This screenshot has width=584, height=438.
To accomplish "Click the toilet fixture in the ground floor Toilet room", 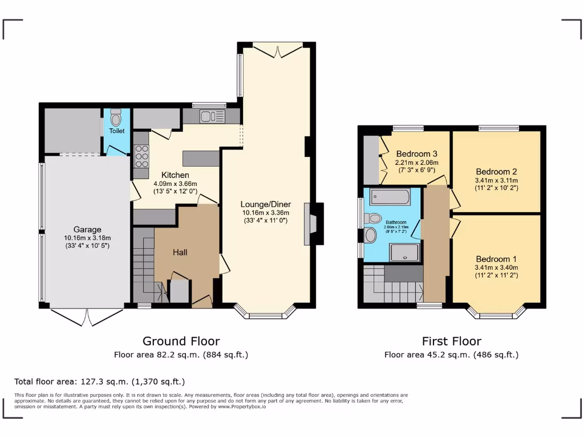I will pyautogui.click(x=116, y=119).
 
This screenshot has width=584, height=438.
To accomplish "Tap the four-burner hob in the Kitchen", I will pyautogui.click(x=141, y=156).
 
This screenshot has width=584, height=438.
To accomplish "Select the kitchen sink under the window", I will pyautogui.click(x=212, y=117).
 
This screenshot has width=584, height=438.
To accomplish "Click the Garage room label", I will pyautogui.click(x=87, y=230).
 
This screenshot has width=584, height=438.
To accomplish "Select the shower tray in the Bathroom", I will pyautogui.click(x=405, y=251).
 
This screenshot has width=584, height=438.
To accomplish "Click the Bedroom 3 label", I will pyautogui.click(x=416, y=153).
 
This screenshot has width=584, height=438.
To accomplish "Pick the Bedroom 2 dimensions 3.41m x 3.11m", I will pyautogui.click(x=496, y=180).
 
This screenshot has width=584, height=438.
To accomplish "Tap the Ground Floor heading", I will pyautogui.click(x=181, y=341).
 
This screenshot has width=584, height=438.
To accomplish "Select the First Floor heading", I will pyautogui.click(x=451, y=341).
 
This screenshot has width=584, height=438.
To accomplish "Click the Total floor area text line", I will pyautogui.click(x=99, y=382).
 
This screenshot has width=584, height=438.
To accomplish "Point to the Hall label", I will pyautogui.click(x=180, y=252).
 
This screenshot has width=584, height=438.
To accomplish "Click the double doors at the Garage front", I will pyautogui.click(x=86, y=317).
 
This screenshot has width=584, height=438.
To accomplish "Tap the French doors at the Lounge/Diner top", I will pyautogui.click(x=277, y=50).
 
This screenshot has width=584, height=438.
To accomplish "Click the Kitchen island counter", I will pyautogui.click(x=201, y=158).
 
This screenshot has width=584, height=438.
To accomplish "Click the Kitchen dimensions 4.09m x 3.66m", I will pyautogui.click(x=175, y=184).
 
